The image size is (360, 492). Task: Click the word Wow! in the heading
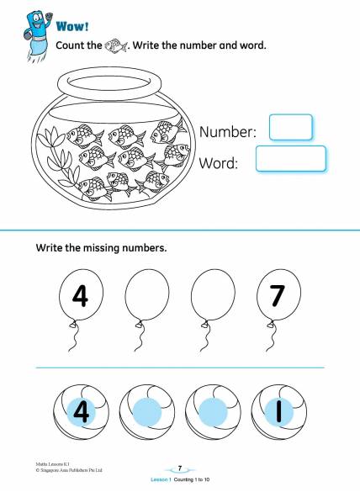point(72,26)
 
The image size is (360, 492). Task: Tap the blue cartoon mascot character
point(37,35)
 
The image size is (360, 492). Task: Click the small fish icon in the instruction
point(115,45)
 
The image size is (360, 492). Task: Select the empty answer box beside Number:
point(291,127)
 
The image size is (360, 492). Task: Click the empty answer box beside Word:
point(291,159)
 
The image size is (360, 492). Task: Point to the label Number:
point(228,132)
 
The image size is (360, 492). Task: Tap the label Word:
point(219,163)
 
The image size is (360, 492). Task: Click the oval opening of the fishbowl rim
point(109,84)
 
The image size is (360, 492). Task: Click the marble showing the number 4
point(81,411)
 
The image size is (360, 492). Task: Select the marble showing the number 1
point(279,411)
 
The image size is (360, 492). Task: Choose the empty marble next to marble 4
point(147,411)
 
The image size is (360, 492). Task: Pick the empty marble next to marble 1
point(213,411)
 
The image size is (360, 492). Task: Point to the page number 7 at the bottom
point(180,468)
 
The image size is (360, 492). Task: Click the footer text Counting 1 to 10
point(192,479)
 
